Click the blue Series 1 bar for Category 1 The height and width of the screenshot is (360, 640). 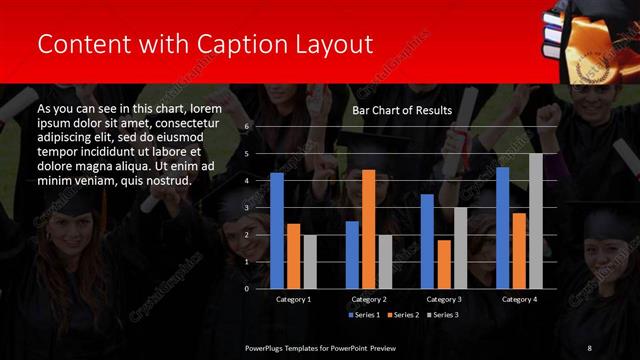276,230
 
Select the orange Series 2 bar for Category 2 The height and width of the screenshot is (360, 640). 368,229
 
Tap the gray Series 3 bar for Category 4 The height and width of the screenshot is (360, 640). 536,221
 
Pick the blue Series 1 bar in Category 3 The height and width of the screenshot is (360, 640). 427,241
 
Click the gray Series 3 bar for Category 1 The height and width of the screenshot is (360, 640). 309,261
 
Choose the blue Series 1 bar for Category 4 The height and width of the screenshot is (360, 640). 502,227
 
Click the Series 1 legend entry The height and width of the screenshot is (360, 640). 365,315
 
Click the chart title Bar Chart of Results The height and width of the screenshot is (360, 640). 402,110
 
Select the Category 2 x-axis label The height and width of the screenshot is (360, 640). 369,299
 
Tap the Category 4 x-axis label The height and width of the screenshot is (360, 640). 519,299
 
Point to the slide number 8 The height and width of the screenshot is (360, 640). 588,347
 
